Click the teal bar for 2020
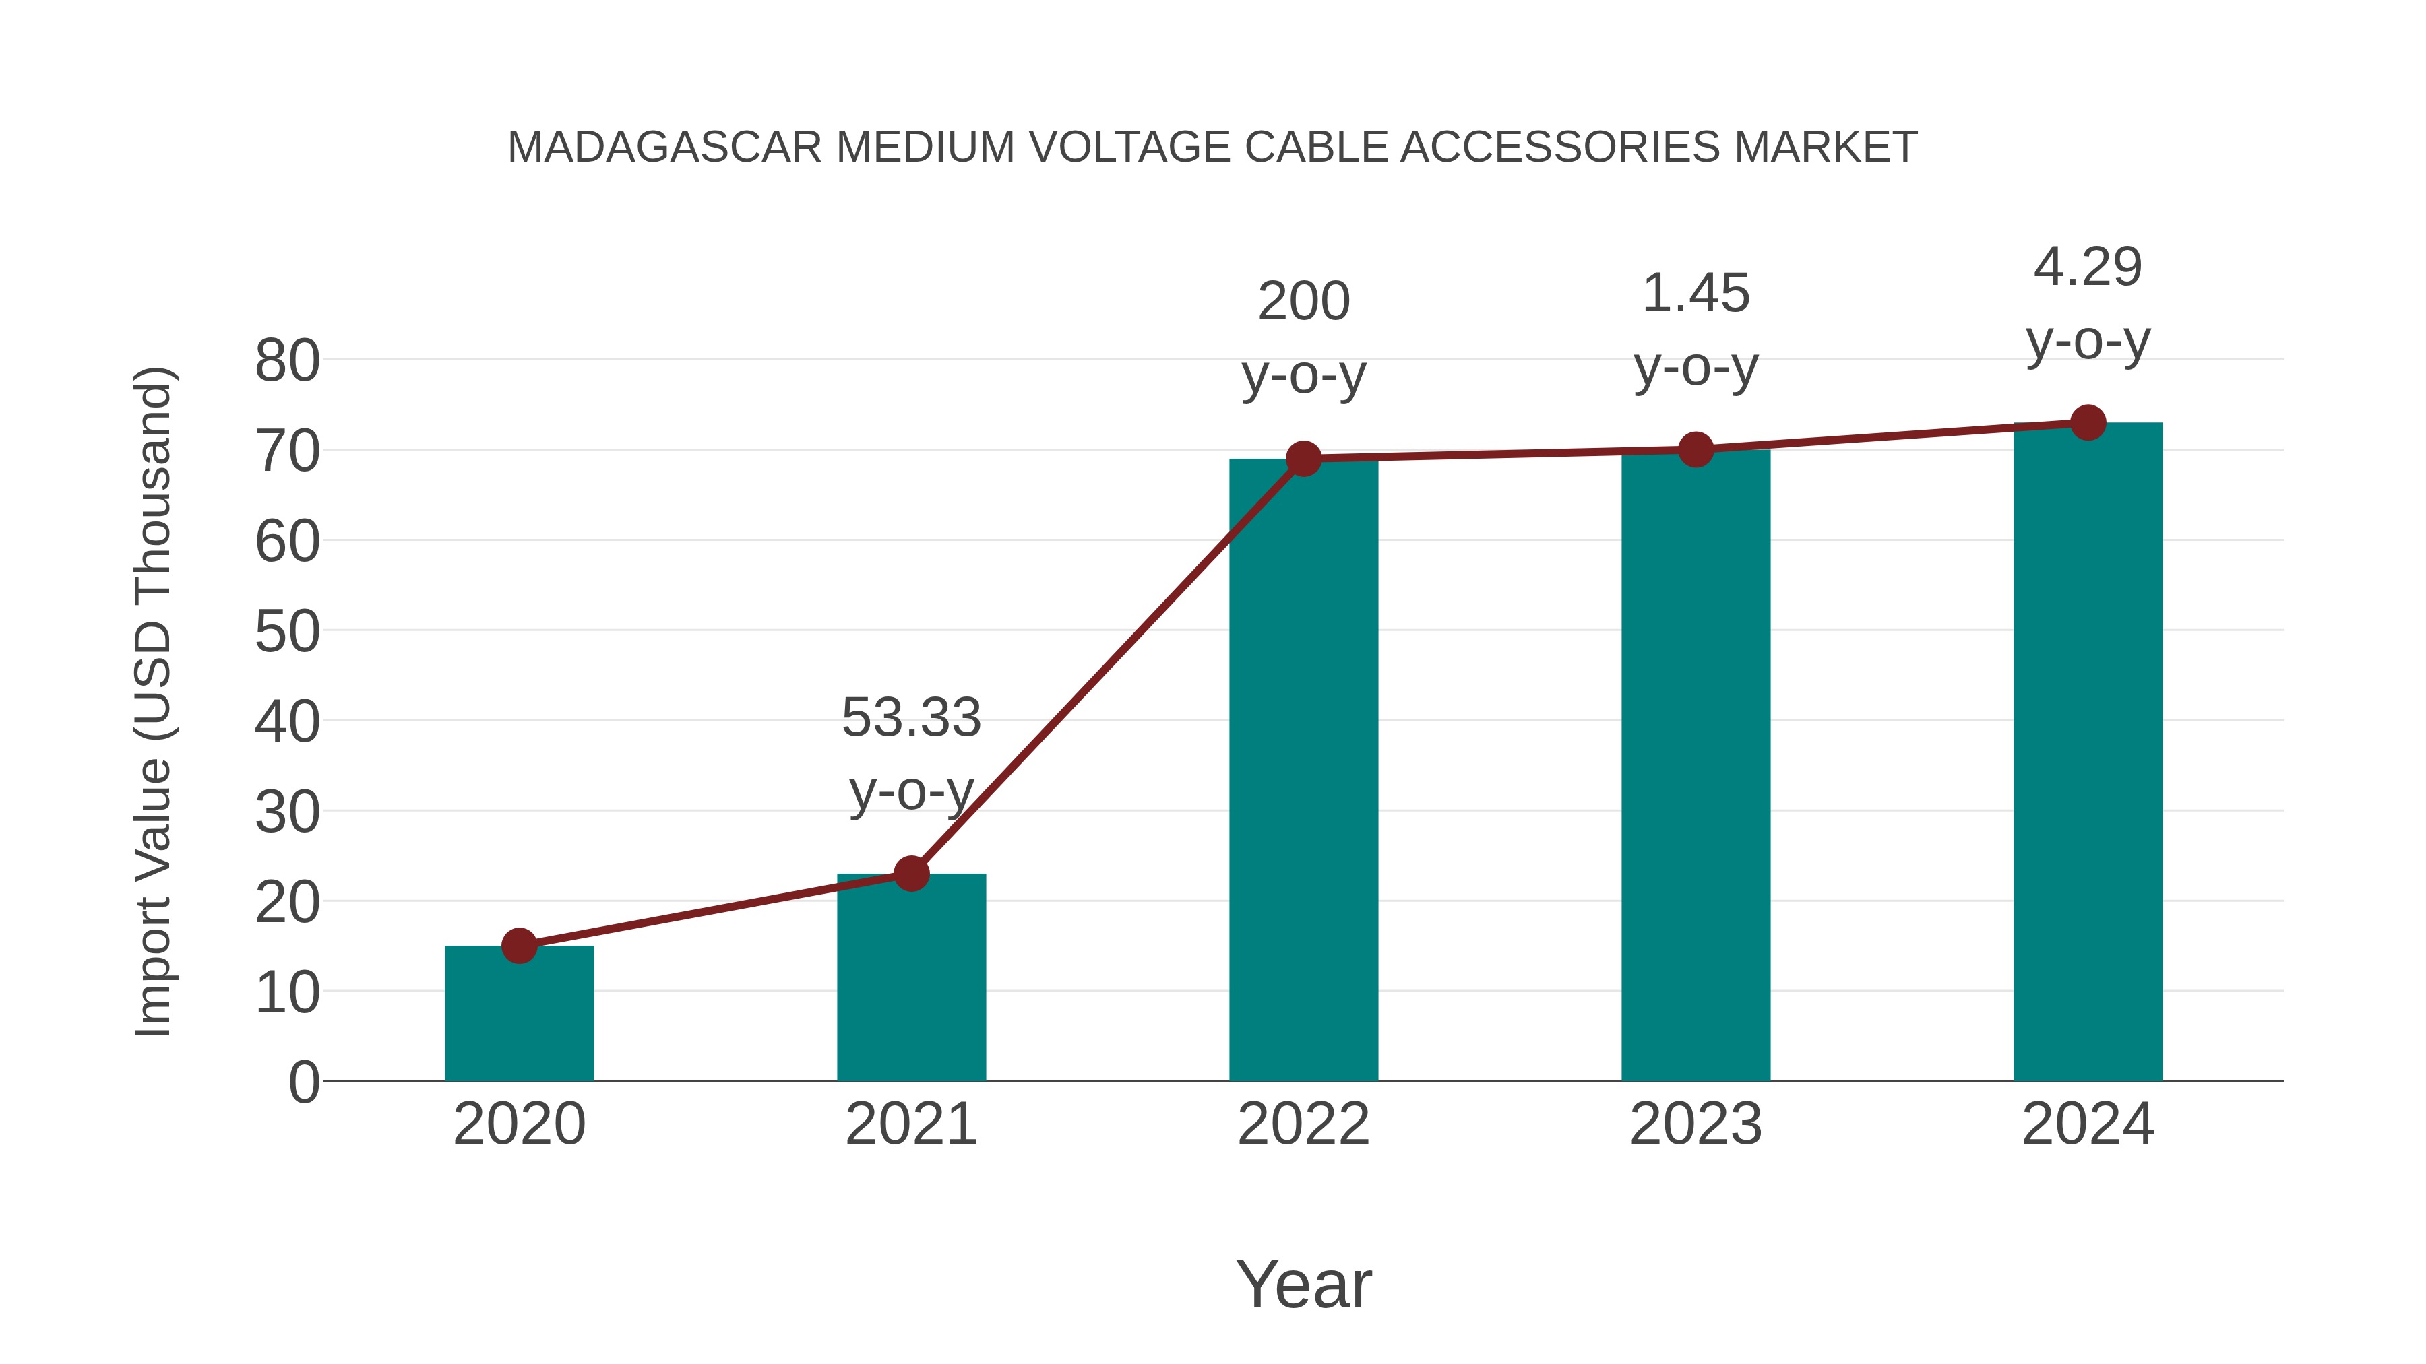coord(519,1016)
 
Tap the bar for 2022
coord(1303,772)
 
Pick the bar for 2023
coord(1696,767)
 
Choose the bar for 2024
coord(2088,753)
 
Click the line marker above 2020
coord(519,945)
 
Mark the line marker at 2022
coord(1303,459)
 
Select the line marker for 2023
coord(1696,450)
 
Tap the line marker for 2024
coord(2088,422)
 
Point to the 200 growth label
coord(1303,302)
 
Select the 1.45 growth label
coord(1696,294)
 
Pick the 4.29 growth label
coord(2088,267)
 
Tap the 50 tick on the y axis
coord(287,632)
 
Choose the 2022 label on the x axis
coord(1303,1124)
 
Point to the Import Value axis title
coord(152,701)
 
